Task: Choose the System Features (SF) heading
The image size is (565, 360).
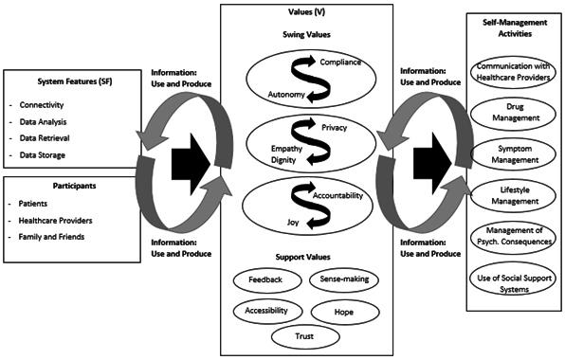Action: pyautogui.click(x=75, y=81)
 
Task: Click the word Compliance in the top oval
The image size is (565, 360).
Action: pyautogui.click(x=340, y=63)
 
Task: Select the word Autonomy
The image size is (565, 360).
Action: pyautogui.click(x=286, y=95)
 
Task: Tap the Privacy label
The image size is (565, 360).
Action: pyautogui.click(x=335, y=128)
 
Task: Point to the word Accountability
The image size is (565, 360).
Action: pyautogui.click(x=337, y=195)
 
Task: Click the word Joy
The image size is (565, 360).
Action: pyautogui.click(x=293, y=223)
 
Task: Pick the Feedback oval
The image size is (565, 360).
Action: pyautogui.click(x=267, y=280)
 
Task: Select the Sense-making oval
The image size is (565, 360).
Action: pyautogui.click(x=344, y=279)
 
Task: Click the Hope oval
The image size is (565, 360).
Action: pyautogui.click(x=345, y=312)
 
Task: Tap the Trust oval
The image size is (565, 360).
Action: pyautogui.click(x=305, y=337)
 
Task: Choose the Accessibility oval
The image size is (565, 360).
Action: pyautogui.click(x=267, y=311)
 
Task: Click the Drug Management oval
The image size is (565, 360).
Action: pyautogui.click(x=514, y=113)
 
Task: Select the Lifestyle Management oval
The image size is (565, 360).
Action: pyautogui.click(x=514, y=196)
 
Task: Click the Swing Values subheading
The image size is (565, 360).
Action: pyautogui.click(x=306, y=35)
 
